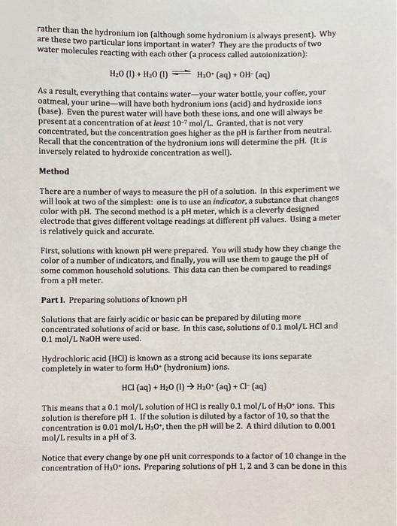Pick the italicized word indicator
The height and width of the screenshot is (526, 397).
point(254,199)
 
